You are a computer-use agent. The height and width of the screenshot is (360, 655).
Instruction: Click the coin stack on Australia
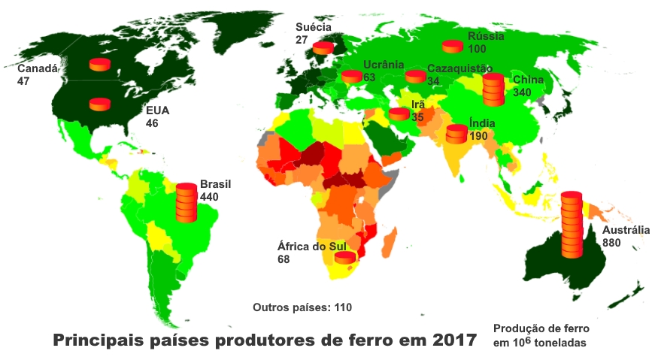coord(572,225)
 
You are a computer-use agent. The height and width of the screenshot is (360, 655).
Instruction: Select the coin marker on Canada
coord(100,65)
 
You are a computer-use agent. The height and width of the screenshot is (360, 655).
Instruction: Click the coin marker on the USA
coord(100,104)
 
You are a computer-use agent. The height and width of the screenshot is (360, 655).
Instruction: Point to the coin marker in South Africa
coord(345,258)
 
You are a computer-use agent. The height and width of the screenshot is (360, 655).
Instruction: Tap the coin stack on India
coord(456,134)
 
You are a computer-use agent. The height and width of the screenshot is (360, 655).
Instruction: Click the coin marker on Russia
coord(452,47)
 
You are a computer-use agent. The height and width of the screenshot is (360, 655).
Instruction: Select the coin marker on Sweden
coord(323,47)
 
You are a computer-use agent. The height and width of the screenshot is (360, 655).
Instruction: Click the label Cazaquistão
coord(459,68)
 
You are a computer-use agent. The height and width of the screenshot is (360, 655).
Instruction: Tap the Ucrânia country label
coord(384,65)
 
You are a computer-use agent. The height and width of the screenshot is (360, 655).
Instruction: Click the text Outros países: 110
coord(302,307)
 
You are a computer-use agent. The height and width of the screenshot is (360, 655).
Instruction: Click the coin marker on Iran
coord(399,114)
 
